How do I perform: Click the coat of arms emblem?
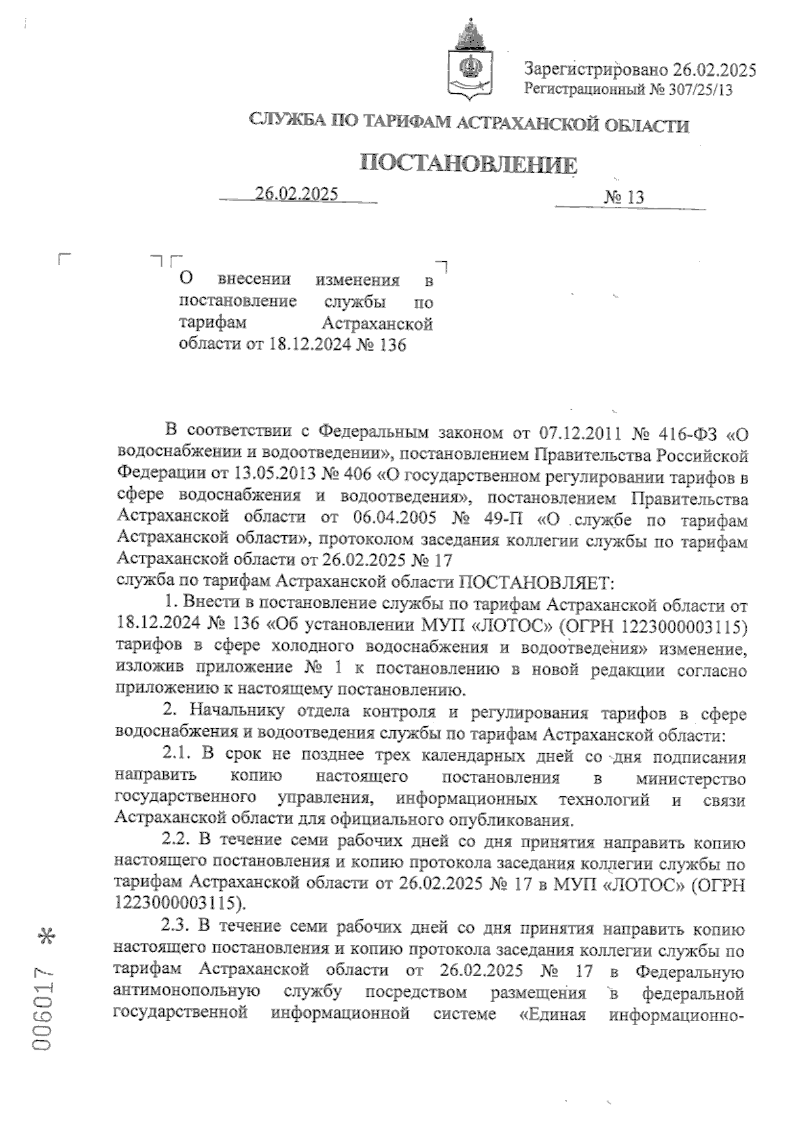point(470,62)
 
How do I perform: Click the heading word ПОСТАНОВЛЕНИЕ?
point(468,164)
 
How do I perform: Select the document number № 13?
point(624,197)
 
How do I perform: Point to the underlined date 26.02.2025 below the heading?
point(297,193)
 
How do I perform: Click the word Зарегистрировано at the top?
point(596,69)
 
